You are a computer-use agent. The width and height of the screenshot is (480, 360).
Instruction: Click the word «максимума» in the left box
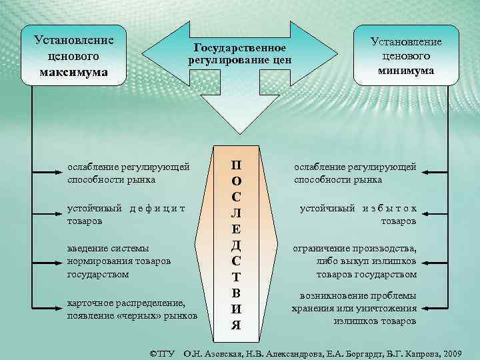point(74,71)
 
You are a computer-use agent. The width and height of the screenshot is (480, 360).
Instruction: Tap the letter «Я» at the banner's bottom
point(236,325)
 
